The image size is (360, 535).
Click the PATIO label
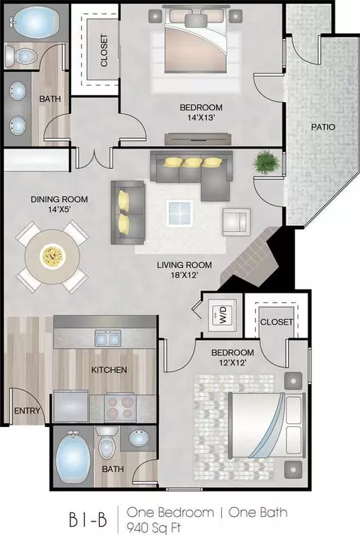(x=322, y=127)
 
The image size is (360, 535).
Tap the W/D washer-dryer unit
(x=222, y=315)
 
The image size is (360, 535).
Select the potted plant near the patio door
(x=266, y=162)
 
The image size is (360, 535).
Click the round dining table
(x=52, y=257)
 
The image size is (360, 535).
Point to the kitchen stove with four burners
(x=120, y=407)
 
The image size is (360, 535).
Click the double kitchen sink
(x=108, y=338)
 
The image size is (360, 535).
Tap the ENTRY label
(x=27, y=410)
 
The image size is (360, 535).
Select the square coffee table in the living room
(x=180, y=214)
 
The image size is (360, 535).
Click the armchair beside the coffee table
(x=236, y=222)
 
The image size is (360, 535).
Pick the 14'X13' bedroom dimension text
(x=201, y=118)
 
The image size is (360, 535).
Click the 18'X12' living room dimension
(x=184, y=275)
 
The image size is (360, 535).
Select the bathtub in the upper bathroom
(x=34, y=22)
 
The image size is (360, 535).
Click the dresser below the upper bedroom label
(x=198, y=139)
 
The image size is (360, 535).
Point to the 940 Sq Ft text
(x=154, y=527)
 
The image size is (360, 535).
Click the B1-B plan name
(x=88, y=520)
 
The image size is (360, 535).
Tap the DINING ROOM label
(x=59, y=200)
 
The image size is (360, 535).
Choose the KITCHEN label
(x=109, y=370)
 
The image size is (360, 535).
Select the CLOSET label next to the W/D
(x=277, y=322)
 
